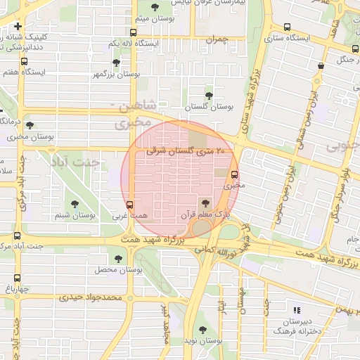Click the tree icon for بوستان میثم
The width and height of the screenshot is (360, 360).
155,7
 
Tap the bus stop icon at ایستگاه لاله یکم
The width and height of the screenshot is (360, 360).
134,32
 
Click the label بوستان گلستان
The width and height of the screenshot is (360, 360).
209,107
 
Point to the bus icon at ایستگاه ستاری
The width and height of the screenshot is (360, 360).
287,27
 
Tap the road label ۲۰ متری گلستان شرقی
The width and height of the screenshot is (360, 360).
187,150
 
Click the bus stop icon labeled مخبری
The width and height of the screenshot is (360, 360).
234,175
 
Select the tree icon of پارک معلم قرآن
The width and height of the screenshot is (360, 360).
205,203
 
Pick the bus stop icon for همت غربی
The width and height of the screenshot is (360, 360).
129,204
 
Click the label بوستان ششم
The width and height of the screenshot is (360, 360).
74,216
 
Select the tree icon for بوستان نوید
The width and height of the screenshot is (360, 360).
202,329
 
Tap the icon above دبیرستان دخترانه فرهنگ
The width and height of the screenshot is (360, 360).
296,309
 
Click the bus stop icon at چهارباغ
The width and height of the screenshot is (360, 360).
16,278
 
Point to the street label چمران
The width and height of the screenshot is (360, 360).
218,39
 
